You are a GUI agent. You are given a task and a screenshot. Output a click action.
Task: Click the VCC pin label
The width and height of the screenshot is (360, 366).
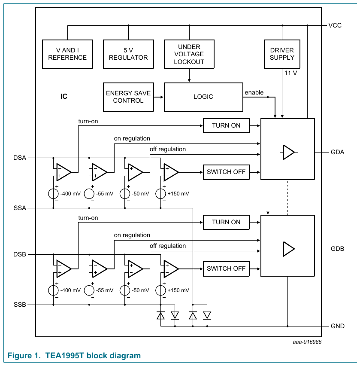tap(335, 25)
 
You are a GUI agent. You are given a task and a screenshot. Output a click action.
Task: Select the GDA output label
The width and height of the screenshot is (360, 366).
tap(337, 152)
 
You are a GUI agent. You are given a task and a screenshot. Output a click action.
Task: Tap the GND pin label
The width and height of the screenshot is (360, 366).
tap(337, 326)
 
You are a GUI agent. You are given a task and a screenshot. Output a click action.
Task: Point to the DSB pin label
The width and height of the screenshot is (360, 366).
tap(20, 254)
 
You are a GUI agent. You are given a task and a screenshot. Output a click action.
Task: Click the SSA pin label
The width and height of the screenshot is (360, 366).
tap(20, 208)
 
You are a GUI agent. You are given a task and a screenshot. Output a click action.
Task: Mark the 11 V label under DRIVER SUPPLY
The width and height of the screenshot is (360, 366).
tap(290, 73)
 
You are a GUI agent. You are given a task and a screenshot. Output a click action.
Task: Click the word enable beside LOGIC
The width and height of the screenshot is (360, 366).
tap(254, 92)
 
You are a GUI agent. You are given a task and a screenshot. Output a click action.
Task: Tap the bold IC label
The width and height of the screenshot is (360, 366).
tap(64, 96)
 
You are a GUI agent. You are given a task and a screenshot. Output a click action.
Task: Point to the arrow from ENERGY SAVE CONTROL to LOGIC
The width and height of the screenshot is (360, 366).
tap(159, 97)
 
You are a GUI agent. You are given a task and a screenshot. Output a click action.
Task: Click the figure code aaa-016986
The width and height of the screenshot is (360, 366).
tap(307, 342)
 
